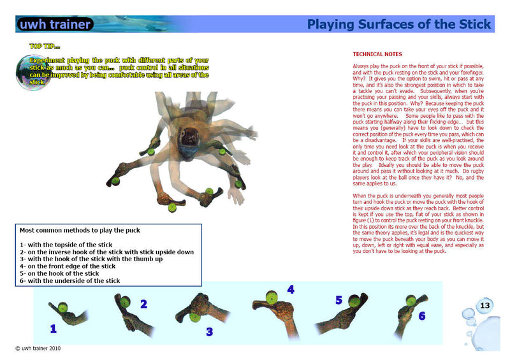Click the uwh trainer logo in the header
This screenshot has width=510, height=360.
tap(54, 25)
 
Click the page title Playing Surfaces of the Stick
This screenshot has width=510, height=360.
tap(398, 25)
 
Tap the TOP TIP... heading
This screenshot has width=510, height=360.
tap(45, 47)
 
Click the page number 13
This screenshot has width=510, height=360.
tap(484, 306)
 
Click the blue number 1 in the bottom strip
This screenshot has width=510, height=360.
tap(53, 329)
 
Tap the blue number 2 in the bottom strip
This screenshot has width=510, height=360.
tap(143, 305)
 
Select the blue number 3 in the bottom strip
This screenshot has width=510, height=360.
tap(208, 331)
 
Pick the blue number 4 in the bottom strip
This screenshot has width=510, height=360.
tap(290, 290)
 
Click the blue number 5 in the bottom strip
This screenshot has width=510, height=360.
tap(339, 300)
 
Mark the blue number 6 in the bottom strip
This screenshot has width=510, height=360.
tap(421, 316)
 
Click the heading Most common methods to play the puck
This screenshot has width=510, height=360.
tap(80, 230)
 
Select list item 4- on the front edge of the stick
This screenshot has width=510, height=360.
tap(68, 266)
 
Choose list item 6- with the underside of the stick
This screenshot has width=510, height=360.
tap(69, 281)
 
